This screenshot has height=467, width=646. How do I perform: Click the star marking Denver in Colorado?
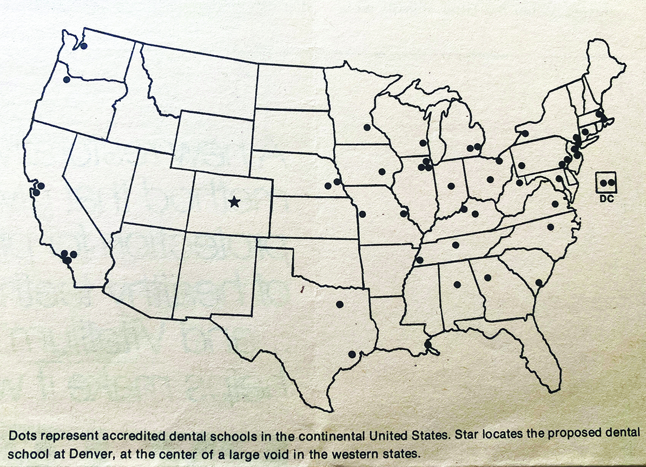point(234,202)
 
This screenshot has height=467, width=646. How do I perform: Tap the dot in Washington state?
point(84,45)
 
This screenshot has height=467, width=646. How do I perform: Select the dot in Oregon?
point(67,79)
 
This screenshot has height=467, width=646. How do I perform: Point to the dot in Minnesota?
point(367,128)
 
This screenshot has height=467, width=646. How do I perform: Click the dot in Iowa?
point(382,172)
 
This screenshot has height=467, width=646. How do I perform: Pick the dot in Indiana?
point(451,186)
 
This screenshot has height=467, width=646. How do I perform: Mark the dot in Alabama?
point(457,284)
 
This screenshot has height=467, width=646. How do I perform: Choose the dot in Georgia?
point(487,278)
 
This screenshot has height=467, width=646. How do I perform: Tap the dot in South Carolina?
point(539,282)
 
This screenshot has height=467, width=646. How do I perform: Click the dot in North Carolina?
point(551,227)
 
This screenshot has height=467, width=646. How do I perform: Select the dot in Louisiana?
point(428,344)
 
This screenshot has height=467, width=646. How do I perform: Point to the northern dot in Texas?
point(340,304)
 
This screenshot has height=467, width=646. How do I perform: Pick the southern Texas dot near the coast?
point(352,355)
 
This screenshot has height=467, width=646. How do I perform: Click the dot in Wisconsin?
point(422,143)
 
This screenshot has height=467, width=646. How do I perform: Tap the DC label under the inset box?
point(607,199)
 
